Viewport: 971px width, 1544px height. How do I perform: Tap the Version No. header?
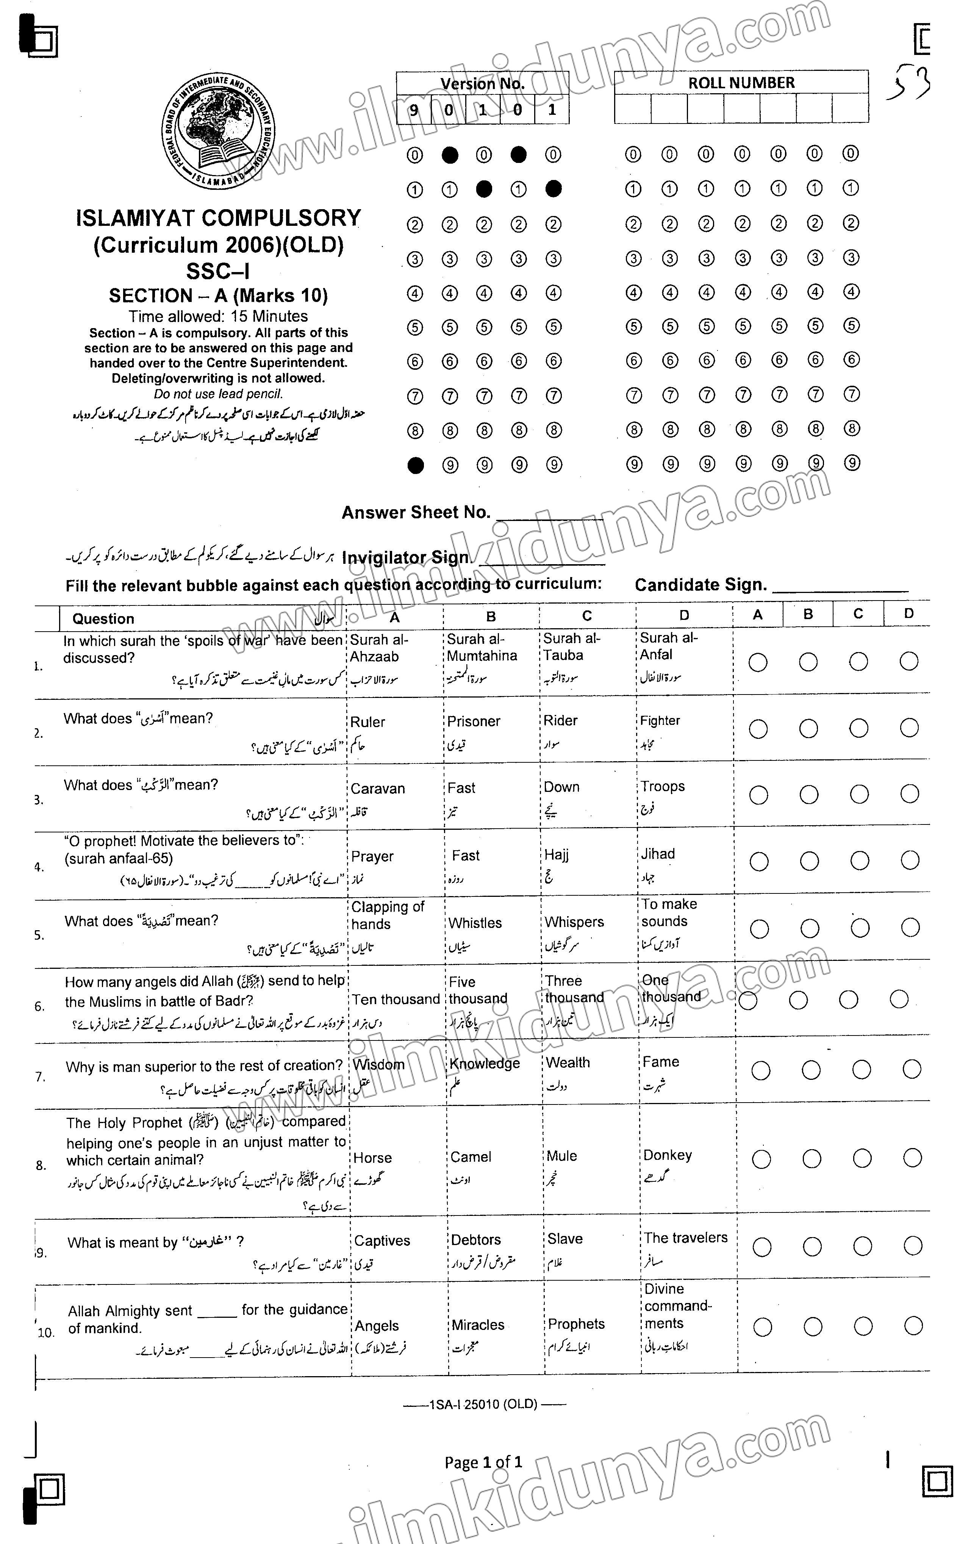click(482, 83)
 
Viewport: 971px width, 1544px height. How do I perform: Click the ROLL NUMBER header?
click(741, 83)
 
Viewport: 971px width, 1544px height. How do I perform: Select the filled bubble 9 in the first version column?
click(415, 466)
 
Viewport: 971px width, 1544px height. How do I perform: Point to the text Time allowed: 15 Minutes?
click(218, 316)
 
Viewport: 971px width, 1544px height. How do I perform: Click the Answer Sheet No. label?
click(415, 512)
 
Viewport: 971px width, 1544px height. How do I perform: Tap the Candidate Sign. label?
click(700, 585)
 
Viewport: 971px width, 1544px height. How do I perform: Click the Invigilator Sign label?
click(405, 558)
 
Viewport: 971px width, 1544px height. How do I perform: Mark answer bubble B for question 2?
click(808, 728)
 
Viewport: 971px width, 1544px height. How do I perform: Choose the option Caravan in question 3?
click(377, 788)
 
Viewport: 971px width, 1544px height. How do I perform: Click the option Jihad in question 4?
click(658, 854)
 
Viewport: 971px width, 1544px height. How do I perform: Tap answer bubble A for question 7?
click(760, 1070)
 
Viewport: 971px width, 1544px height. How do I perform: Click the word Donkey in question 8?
click(667, 1155)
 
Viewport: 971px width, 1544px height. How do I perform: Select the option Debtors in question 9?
click(475, 1240)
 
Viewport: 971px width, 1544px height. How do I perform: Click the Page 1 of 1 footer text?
click(483, 1462)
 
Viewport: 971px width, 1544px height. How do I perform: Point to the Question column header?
click(103, 619)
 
